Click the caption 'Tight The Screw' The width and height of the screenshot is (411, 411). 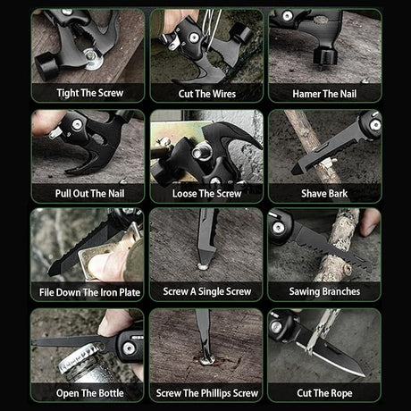tap(90, 93)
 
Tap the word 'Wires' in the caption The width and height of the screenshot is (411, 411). tap(224, 94)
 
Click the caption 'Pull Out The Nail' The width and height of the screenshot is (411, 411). tap(90, 194)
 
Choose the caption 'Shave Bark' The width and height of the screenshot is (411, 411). tap(324, 194)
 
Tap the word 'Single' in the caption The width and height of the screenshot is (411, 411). tap(210, 291)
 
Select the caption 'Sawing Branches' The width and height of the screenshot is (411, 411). tap(324, 291)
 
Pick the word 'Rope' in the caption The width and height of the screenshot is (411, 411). tap(341, 393)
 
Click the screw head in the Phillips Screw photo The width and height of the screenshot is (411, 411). tap(207, 361)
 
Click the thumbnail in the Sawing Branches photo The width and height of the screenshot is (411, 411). tap(370, 229)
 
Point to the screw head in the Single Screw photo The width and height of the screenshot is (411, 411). tap(203, 266)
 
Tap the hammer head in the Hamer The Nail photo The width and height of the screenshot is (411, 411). tap(325, 56)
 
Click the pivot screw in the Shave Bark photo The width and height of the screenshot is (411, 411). tap(374, 125)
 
